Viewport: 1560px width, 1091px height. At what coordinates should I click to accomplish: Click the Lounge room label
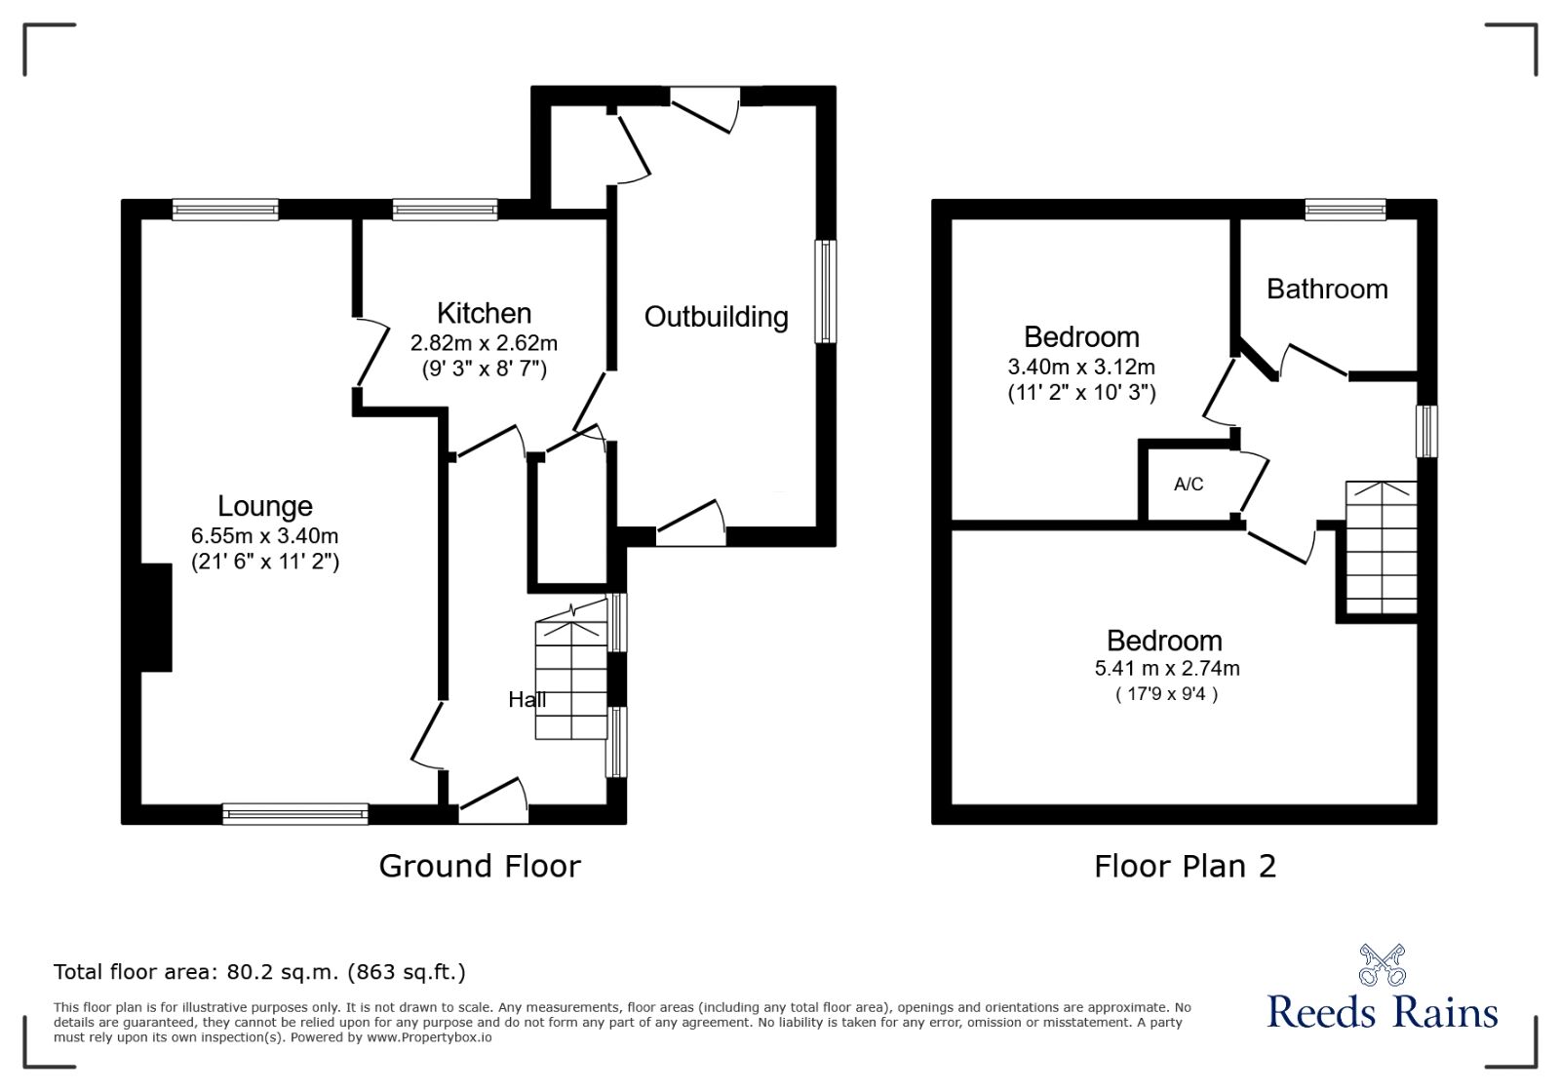(264, 506)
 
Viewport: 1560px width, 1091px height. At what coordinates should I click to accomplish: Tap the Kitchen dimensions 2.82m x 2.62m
(484, 343)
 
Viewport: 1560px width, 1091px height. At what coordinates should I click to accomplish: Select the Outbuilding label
(716, 317)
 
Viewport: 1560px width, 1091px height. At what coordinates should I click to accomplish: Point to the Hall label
(526, 699)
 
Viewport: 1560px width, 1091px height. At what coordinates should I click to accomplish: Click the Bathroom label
(1326, 289)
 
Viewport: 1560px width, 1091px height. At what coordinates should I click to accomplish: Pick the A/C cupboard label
(1188, 485)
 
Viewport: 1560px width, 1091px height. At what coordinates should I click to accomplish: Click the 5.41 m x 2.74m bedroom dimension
(1166, 669)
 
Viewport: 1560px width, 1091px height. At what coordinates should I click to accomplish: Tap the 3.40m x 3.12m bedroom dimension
(1080, 368)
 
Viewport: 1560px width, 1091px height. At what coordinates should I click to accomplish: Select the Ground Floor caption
(479, 866)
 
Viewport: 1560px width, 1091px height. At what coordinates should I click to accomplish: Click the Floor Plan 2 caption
(1184, 866)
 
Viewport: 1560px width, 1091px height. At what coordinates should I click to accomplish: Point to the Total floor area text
(259, 972)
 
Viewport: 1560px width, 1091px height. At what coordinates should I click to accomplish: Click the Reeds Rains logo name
(1382, 1012)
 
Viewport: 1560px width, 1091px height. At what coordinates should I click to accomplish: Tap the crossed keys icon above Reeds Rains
(1382, 964)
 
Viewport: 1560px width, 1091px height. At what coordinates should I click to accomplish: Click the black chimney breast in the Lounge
(156, 617)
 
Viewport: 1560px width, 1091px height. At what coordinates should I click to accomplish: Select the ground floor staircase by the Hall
(571, 680)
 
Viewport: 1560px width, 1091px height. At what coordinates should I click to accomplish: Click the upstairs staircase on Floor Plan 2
(1381, 547)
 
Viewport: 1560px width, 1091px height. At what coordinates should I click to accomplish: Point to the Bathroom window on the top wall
(1345, 209)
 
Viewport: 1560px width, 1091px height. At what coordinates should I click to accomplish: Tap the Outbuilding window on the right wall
(825, 292)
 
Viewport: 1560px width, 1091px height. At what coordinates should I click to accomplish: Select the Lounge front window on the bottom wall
(294, 813)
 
